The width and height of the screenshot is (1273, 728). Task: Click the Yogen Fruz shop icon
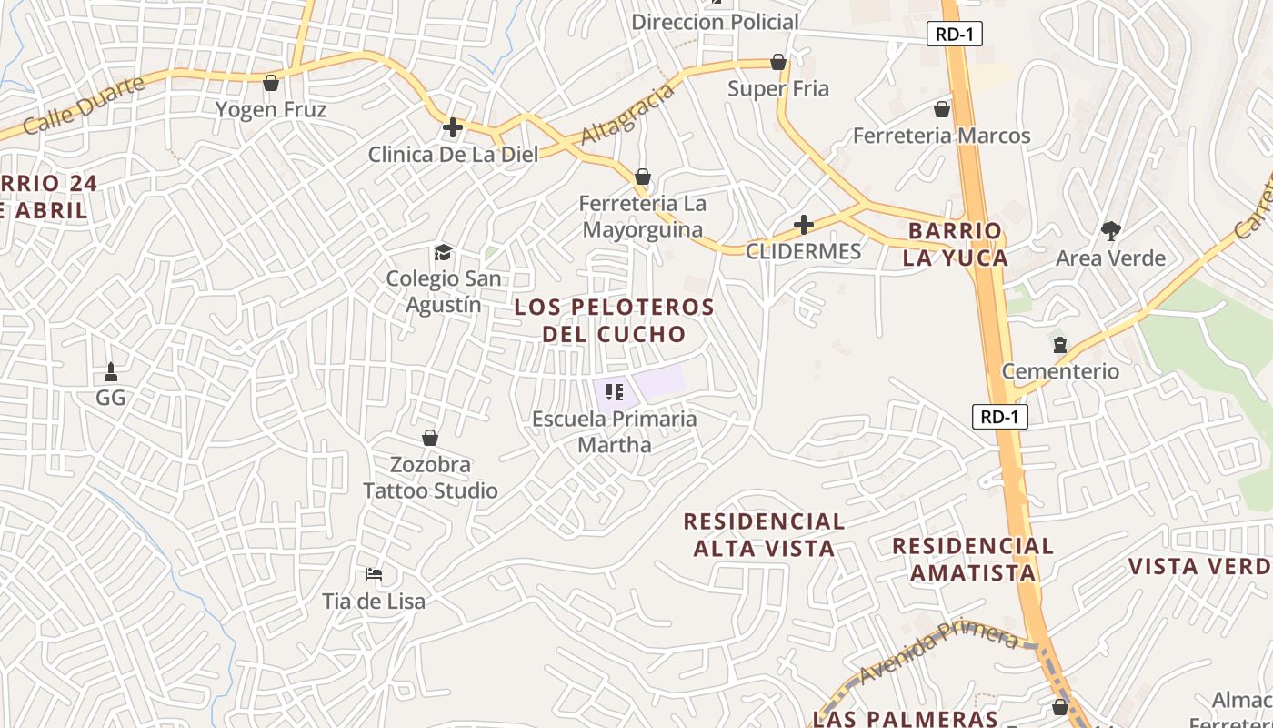(x=270, y=84)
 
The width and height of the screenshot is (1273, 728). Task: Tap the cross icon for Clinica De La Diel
(x=453, y=128)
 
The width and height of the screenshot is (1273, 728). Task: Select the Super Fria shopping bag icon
(x=778, y=62)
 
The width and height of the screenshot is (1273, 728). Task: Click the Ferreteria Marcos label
(x=941, y=136)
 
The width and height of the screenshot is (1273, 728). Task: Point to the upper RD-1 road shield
(x=955, y=35)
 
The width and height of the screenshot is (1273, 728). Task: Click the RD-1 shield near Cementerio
(x=999, y=417)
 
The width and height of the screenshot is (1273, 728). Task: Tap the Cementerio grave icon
(x=1059, y=345)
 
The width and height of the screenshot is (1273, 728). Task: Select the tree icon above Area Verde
(x=1110, y=231)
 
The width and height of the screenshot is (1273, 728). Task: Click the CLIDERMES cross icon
(x=804, y=224)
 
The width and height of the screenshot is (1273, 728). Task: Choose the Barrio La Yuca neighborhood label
(x=955, y=244)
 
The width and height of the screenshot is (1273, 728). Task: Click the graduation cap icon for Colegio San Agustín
(x=443, y=252)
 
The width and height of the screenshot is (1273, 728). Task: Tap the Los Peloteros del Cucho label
(x=615, y=319)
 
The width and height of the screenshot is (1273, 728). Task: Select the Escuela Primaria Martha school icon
(x=614, y=392)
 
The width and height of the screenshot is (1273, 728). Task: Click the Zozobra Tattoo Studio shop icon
(x=430, y=439)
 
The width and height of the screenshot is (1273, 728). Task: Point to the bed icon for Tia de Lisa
(x=373, y=574)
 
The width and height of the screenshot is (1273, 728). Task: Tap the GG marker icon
(x=111, y=371)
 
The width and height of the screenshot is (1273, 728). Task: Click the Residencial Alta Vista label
(x=764, y=534)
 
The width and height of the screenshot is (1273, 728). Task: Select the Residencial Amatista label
(x=973, y=559)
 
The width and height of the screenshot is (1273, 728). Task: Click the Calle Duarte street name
(x=84, y=106)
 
